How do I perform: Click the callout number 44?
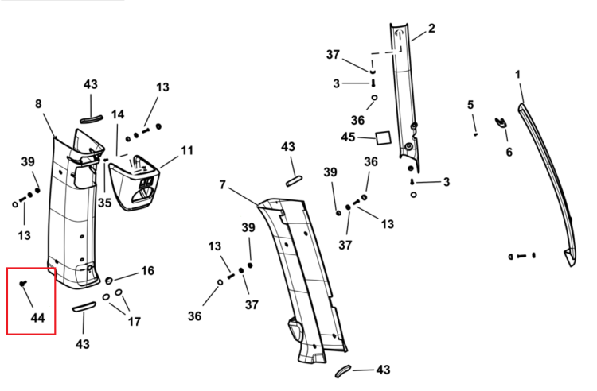(x=37, y=318)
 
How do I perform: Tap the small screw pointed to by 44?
(x=23, y=283)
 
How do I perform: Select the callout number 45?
(x=348, y=137)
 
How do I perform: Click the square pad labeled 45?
(x=384, y=138)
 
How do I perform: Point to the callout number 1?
(x=517, y=75)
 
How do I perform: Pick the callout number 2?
(x=431, y=28)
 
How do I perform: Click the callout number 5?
(x=470, y=104)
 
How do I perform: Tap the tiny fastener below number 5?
(x=475, y=134)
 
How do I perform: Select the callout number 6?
(x=509, y=152)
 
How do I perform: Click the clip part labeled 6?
(x=501, y=122)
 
